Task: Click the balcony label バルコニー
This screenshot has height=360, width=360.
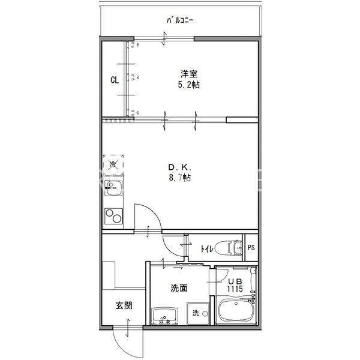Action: (x=180, y=22)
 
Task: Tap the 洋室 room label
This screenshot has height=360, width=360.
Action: (x=189, y=74)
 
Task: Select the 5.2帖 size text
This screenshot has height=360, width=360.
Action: (x=189, y=85)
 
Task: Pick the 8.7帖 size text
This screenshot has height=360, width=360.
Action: (x=179, y=178)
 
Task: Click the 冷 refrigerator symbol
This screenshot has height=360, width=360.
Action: (x=113, y=163)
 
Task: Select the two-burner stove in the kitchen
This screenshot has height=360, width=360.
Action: (x=112, y=215)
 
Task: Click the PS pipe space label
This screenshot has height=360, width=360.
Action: (x=251, y=247)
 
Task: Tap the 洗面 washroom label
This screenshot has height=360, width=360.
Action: (x=179, y=288)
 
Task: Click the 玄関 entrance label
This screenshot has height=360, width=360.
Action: (x=124, y=305)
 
